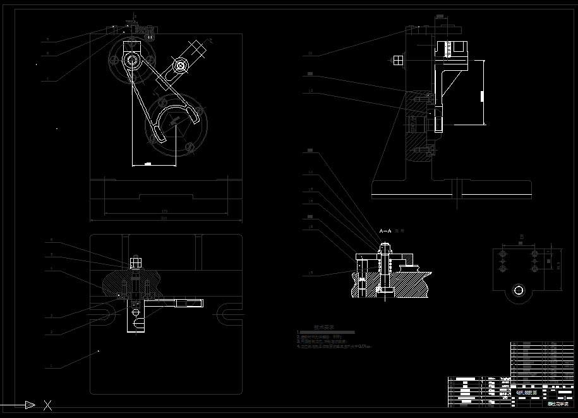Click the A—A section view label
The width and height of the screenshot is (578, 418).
385,231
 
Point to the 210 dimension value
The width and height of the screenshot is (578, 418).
164,218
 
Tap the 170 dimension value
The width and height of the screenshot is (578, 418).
164,211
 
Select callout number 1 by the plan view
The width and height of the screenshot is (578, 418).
50,366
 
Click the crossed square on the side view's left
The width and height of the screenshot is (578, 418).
398,60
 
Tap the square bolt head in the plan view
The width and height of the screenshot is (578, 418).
134,262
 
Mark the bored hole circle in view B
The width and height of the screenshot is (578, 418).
519,290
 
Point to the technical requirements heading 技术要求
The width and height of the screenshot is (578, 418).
323,328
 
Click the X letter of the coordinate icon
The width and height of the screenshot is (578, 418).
47,405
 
